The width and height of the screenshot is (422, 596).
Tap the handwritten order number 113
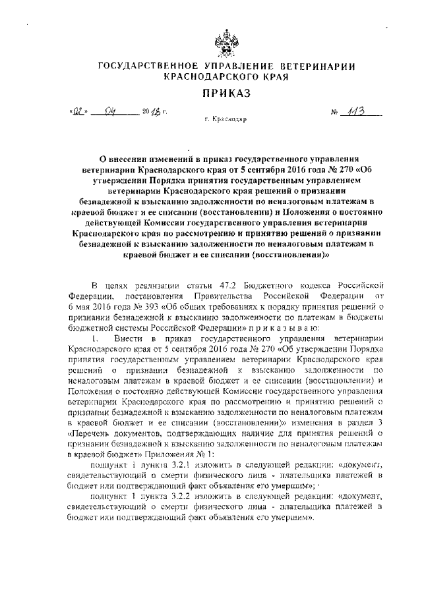pyautogui.click(x=362, y=111)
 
